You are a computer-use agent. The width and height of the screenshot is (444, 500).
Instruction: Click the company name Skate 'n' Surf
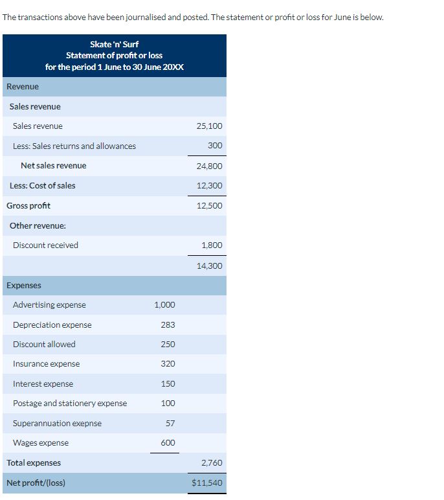(x=115, y=44)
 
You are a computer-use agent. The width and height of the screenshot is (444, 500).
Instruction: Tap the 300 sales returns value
(x=215, y=146)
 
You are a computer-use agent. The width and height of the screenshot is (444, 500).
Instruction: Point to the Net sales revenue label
(x=53, y=166)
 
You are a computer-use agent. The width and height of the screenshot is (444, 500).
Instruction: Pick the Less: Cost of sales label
(x=42, y=186)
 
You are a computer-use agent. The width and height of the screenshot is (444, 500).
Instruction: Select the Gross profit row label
(x=28, y=206)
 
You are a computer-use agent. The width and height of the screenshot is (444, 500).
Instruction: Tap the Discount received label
(x=45, y=245)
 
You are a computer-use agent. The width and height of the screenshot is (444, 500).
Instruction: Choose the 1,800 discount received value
(x=212, y=245)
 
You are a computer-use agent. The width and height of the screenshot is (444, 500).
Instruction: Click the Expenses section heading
(x=24, y=286)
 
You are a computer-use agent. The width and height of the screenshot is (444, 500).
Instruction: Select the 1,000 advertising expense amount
(x=164, y=305)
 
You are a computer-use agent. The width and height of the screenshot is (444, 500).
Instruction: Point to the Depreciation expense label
(x=52, y=325)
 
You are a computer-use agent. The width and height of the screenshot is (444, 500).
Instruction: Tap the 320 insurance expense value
(x=168, y=364)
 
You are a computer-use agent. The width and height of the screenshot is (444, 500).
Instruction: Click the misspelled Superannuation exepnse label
(x=57, y=424)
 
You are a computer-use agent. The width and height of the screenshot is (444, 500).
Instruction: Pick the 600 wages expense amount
(x=168, y=443)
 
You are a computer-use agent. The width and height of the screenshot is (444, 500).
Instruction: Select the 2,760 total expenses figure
(x=211, y=463)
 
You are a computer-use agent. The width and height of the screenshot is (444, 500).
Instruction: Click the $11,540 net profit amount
(x=207, y=483)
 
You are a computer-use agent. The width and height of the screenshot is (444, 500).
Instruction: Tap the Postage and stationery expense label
(x=70, y=403)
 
